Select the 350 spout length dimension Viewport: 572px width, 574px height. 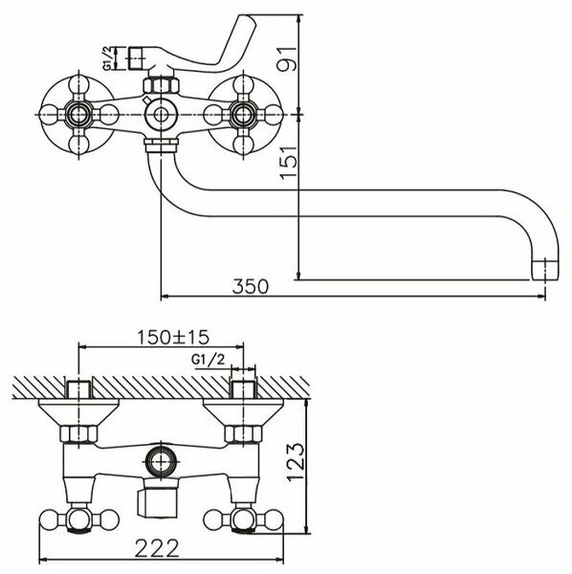(x=252, y=287)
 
